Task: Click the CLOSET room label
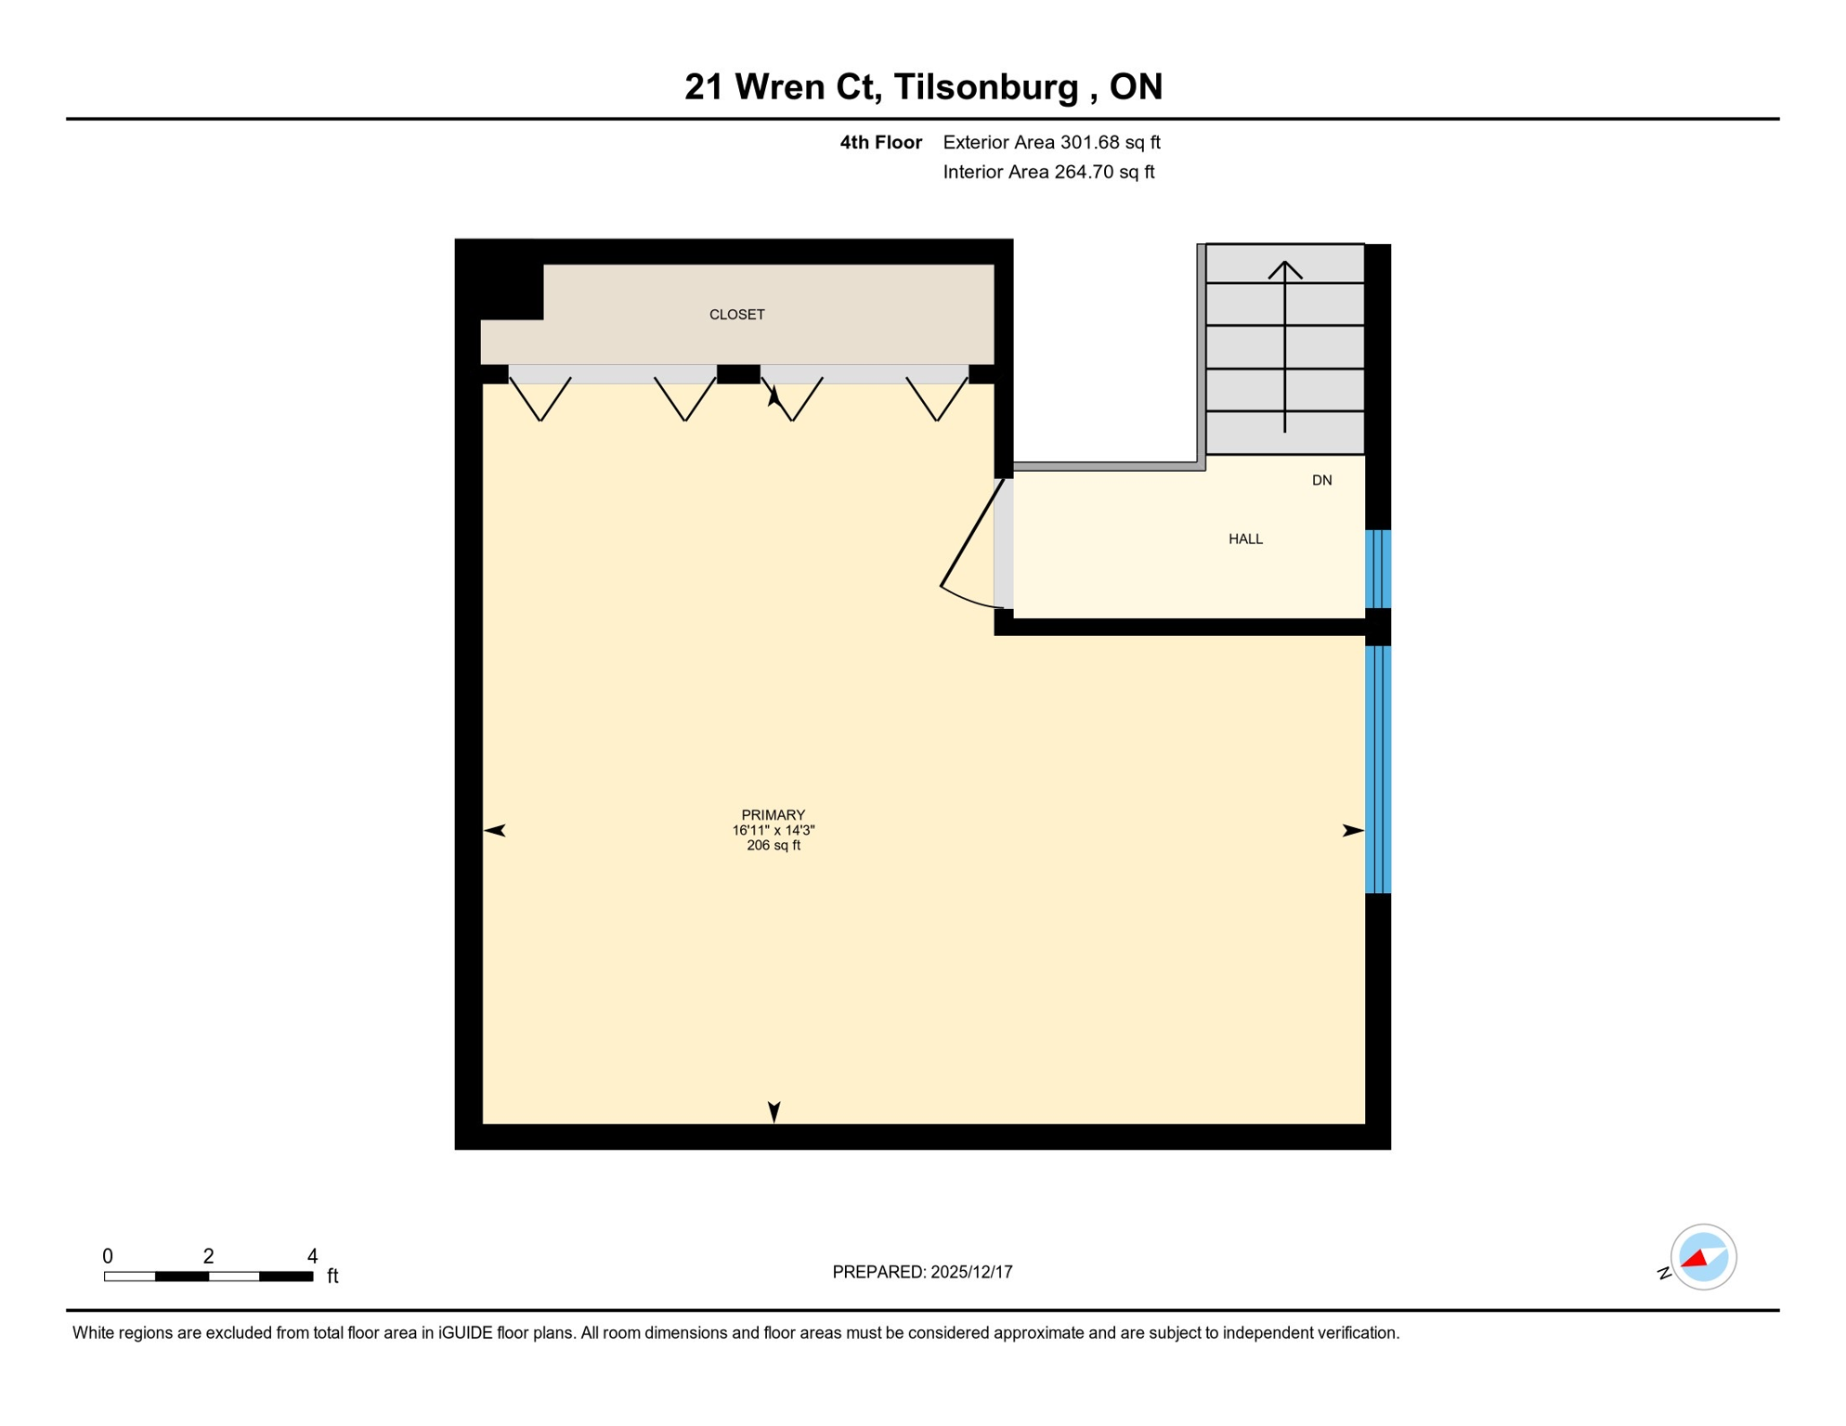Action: click(736, 315)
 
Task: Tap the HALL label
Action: click(1245, 539)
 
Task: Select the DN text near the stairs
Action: click(1321, 481)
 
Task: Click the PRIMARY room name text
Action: click(773, 815)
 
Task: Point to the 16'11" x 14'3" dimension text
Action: click(773, 831)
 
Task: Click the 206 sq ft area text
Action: click(773, 846)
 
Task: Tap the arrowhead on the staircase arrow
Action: click(1284, 268)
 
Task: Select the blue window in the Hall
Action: click(1377, 569)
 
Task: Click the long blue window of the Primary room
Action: click(1377, 770)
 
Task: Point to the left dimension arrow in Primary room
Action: click(495, 830)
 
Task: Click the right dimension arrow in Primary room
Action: click(1352, 830)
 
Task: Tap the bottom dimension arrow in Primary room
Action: click(773, 1111)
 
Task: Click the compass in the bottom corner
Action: click(1702, 1257)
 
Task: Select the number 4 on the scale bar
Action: click(312, 1256)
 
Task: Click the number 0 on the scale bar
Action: click(108, 1256)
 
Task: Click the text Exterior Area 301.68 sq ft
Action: click(1051, 142)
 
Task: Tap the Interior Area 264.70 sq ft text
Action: click(1048, 172)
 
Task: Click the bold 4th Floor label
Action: click(880, 142)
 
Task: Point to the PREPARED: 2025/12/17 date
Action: click(922, 1272)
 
